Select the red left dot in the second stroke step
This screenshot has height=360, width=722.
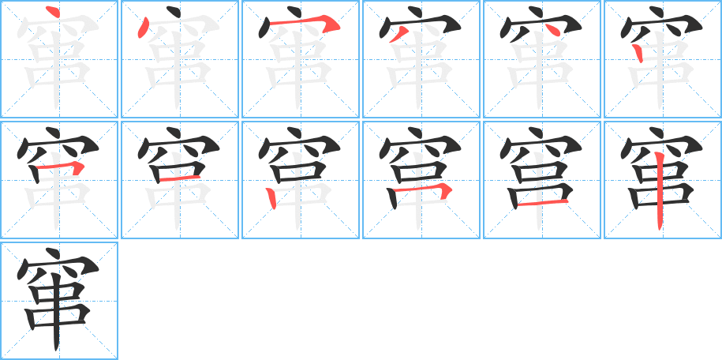(x=143, y=28)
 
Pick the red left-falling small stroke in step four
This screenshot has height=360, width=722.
(x=398, y=34)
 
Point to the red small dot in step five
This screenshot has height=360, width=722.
(x=553, y=29)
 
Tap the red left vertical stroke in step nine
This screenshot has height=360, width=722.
(x=271, y=198)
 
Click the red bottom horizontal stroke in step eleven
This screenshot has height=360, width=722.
(x=542, y=203)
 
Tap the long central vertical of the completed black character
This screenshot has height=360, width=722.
(x=56, y=313)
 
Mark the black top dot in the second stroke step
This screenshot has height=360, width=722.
(x=173, y=11)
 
